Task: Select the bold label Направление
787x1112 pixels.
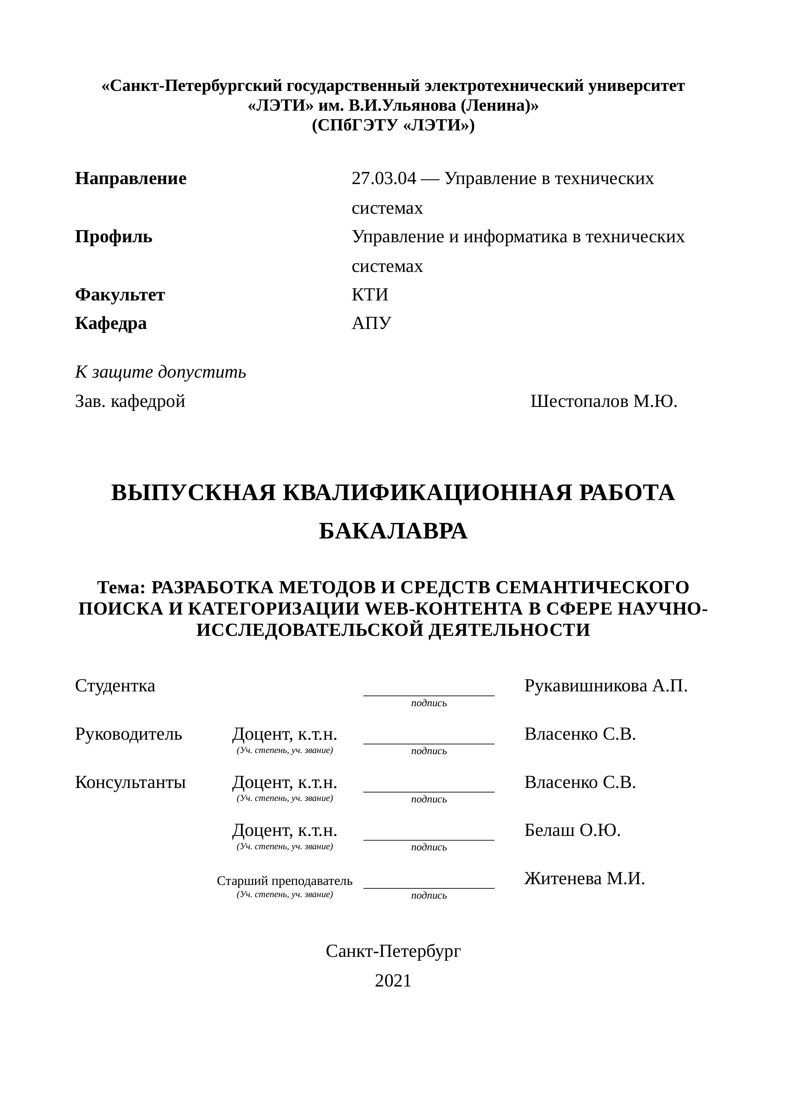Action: tap(131, 179)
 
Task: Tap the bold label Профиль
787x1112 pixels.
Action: tap(113, 237)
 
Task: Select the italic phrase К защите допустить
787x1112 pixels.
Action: tap(160, 372)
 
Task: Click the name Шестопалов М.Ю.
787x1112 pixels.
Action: tap(604, 402)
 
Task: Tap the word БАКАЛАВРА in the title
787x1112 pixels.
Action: tap(393, 531)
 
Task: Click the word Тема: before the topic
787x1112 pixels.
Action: tap(121, 588)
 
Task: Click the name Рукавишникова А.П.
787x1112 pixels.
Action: tap(606, 686)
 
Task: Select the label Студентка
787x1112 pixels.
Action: tap(115, 686)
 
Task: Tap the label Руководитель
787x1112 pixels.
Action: tap(128, 734)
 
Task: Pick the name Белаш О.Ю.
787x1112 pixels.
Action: tap(572, 830)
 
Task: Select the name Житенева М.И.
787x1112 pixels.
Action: tap(585, 878)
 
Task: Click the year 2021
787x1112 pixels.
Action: tap(393, 981)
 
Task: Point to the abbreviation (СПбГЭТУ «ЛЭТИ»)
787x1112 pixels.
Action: tap(393, 125)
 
